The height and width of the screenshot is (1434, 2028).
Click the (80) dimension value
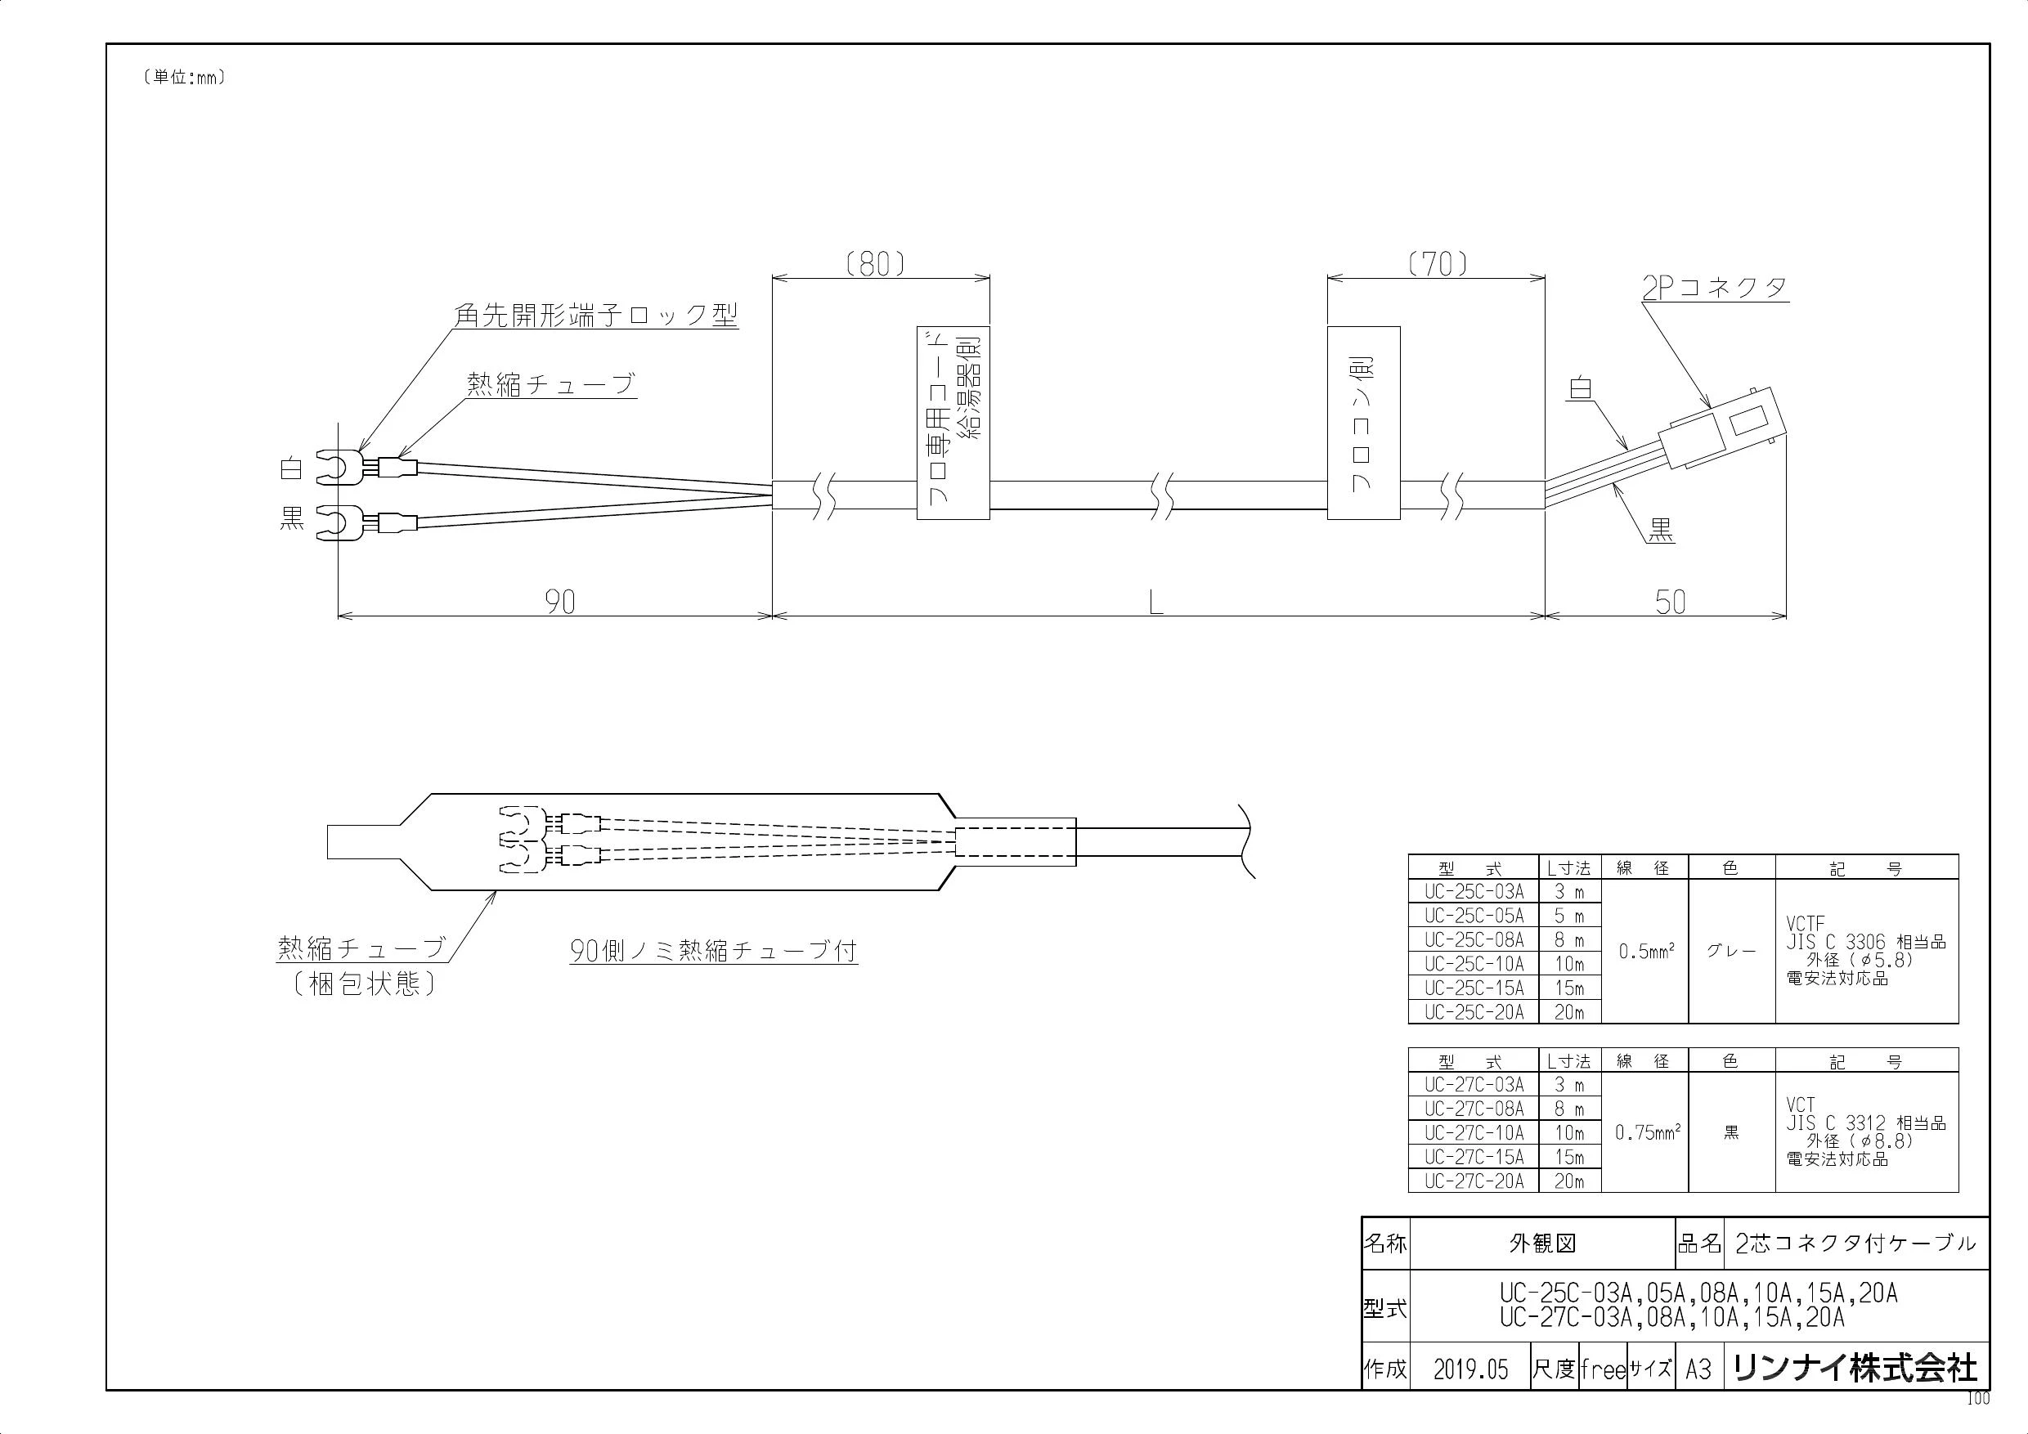874,264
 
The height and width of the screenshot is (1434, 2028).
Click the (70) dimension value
1438,264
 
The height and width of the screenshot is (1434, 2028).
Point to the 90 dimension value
560,603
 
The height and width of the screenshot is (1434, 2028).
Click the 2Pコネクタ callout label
1715,288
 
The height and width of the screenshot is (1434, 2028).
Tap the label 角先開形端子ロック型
596,316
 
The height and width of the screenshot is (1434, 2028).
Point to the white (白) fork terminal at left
339,466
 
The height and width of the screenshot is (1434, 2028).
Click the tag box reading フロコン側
1364,423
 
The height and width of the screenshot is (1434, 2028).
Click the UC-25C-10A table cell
1474,963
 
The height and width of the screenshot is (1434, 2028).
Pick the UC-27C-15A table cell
1474,1157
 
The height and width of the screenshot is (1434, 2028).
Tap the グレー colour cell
1730,952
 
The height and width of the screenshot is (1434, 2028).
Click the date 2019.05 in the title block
1470,1369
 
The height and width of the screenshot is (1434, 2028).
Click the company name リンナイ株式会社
1855,1368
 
